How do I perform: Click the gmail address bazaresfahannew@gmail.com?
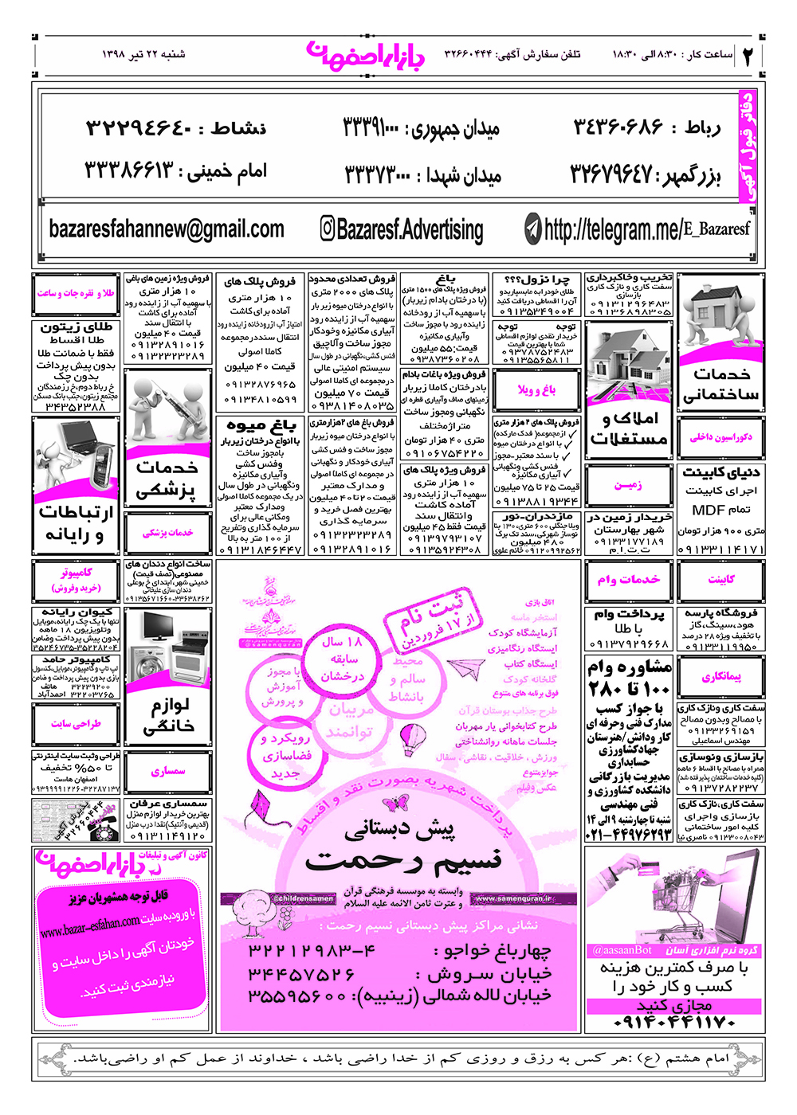pos(166,229)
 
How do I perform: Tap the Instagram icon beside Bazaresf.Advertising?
pos(328,229)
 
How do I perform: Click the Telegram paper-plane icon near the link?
pos(533,229)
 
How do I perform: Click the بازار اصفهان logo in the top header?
pos(366,54)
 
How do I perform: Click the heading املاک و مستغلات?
pos(628,428)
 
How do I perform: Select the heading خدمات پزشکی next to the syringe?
pos(167,479)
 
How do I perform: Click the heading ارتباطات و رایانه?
pos(76,522)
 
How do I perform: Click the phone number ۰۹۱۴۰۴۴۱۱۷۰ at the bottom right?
pos(674,1022)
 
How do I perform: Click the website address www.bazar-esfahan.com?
pos(89,926)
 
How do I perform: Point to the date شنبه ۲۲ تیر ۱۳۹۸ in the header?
pos(143,54)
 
